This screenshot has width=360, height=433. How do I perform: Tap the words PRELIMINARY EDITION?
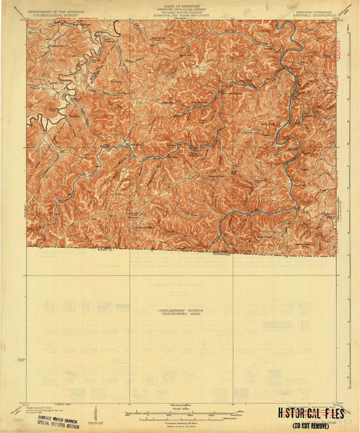click(x=180, y=309)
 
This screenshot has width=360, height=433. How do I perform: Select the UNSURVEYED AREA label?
click(x=180, y=314)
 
